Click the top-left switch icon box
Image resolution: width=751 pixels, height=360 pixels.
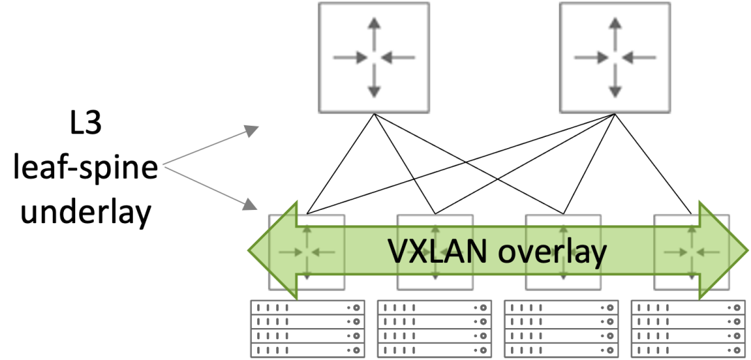373,58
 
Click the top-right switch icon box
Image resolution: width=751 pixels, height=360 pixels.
615,58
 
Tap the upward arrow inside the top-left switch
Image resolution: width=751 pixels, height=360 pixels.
374,32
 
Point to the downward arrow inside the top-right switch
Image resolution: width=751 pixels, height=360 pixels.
615,83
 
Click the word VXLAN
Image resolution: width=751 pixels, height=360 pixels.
438,251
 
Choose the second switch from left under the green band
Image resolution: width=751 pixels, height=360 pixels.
435,251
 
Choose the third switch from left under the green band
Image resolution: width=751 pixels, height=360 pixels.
563,251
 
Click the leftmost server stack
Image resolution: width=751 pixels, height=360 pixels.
307,329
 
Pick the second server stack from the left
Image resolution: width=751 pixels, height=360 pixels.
434,329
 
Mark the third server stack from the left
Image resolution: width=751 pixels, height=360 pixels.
560,329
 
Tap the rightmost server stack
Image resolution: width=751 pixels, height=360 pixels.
688,329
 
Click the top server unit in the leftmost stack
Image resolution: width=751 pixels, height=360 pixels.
307,307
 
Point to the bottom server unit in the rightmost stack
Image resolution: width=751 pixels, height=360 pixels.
688,351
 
